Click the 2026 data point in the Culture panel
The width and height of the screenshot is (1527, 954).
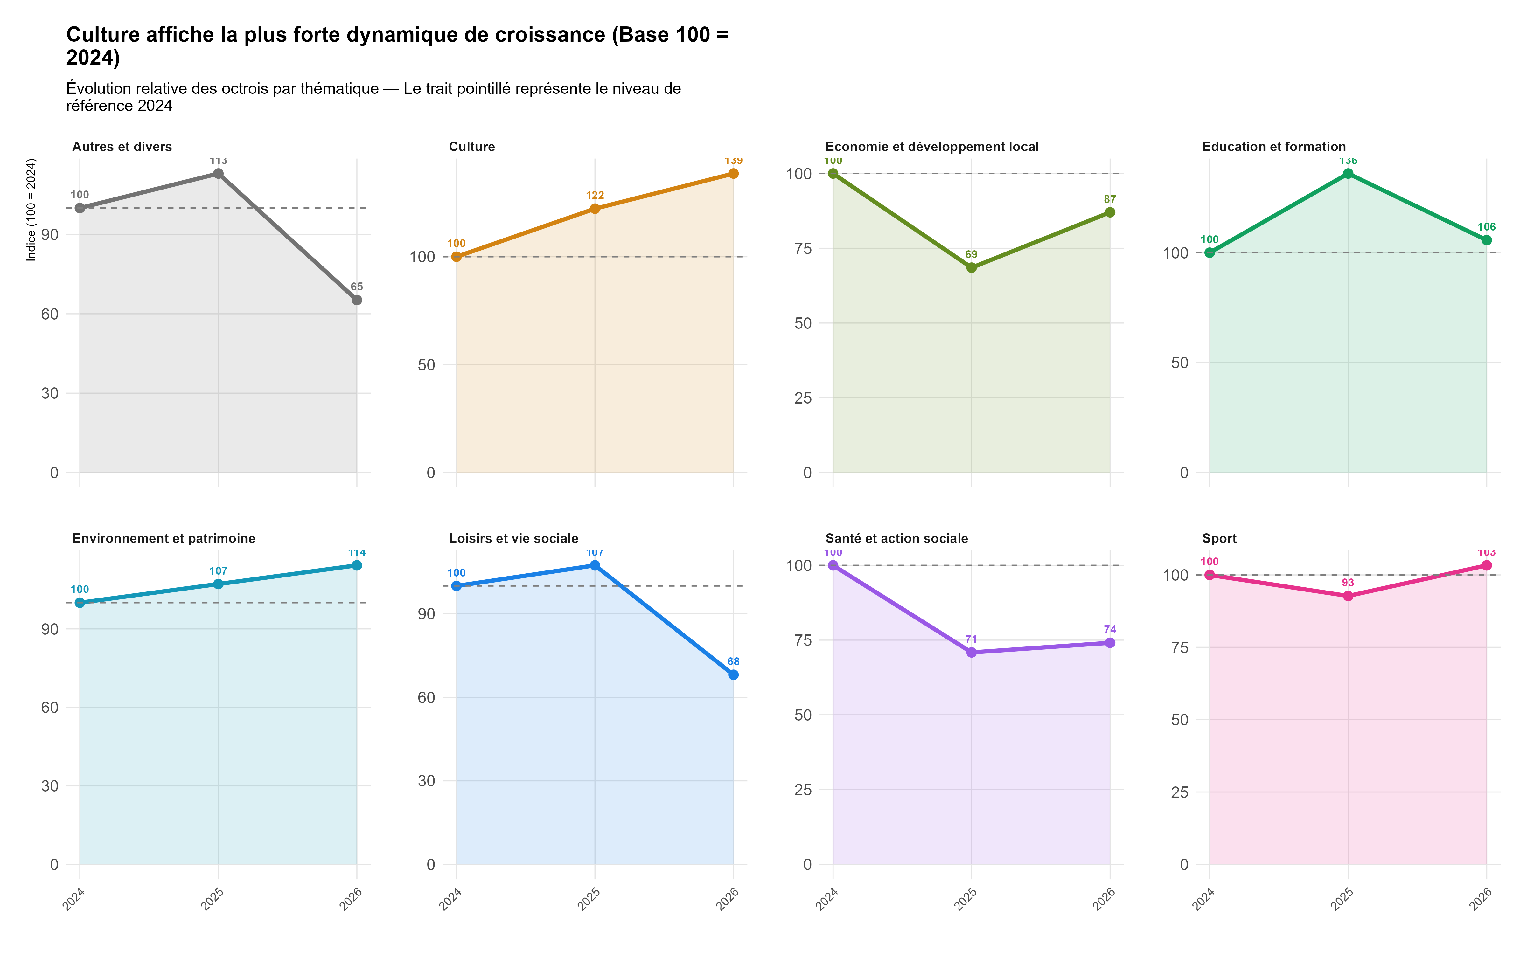733,174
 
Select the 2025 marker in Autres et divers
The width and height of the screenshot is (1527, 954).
218,174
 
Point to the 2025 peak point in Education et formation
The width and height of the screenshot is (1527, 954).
1348,174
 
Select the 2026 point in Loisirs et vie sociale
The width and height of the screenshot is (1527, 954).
733,674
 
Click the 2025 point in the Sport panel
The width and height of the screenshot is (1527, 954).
1348,596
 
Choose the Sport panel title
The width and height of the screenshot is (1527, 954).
1219,538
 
